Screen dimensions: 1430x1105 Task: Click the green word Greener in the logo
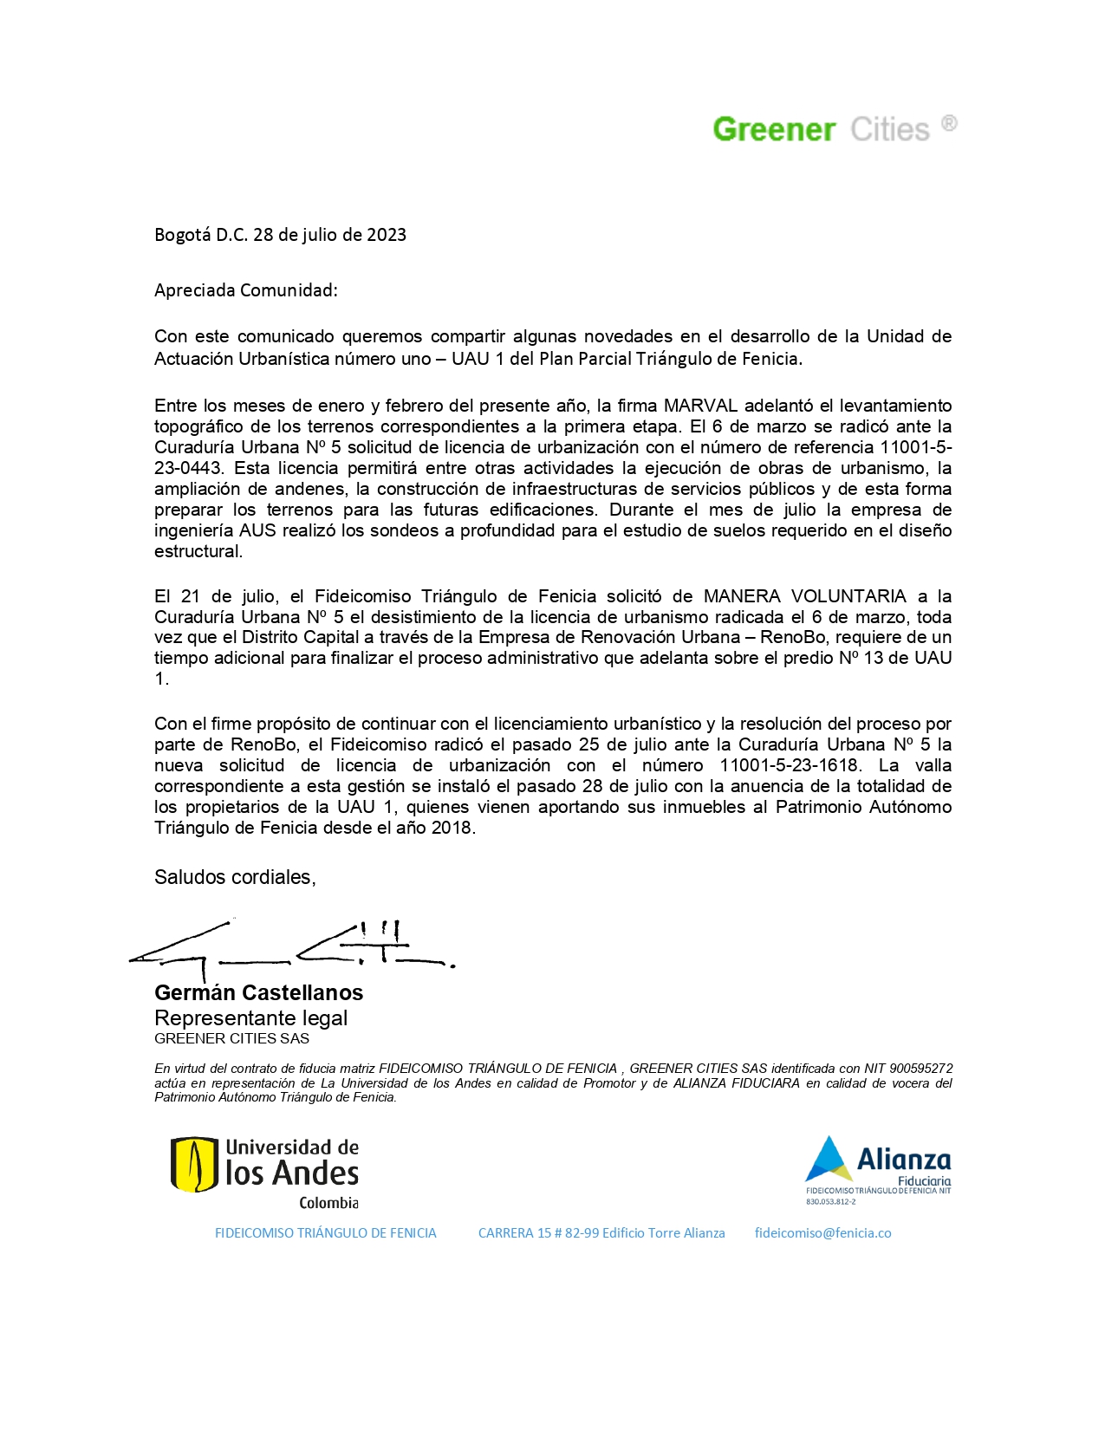[774, 130]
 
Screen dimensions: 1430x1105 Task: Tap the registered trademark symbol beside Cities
[949, 123]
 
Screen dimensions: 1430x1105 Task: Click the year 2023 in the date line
[387, 235]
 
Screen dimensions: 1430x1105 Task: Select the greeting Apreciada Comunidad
[245, 290]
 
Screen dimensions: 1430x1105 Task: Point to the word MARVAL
[700, 406]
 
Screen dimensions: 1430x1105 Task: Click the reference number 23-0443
[188, 468]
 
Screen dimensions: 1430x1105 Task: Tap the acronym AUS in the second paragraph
[257, 530]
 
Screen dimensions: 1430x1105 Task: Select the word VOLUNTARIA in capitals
[848, 596]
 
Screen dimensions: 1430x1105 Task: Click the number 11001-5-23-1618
[790, 765]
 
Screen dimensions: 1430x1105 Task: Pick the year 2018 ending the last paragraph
[452, 828]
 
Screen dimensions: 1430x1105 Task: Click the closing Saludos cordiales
[235, 877]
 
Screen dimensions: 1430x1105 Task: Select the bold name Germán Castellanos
[258, 992]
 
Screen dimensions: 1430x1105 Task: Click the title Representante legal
[250, 1018]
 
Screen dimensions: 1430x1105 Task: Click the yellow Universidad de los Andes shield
[194, 1164]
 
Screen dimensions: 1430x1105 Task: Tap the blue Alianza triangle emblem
[829, 1160]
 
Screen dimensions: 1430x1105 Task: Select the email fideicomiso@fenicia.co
[822, 1233]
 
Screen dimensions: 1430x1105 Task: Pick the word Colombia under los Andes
[328, 1203]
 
